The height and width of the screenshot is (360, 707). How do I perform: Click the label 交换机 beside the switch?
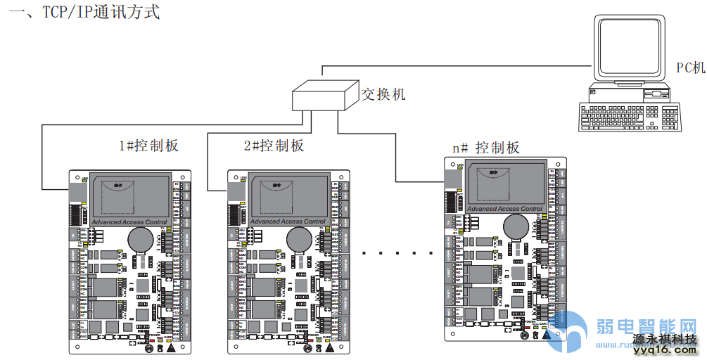point(383,94)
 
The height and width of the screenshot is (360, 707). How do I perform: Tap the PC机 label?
point(689,67)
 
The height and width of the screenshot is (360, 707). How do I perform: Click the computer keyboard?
point(629,117)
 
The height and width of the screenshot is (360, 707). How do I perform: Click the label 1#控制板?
point(148,146)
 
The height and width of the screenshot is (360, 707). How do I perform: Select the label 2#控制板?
point(274,146)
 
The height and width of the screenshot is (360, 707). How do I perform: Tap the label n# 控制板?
point(485,148)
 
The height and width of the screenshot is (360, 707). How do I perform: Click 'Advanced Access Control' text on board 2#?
point(288,222)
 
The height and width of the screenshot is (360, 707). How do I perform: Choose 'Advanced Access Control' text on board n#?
point(505,209)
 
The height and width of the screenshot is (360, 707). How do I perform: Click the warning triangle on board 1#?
point(171,347)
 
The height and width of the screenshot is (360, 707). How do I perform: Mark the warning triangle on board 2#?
point(331,347)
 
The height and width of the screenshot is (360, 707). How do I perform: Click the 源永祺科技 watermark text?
point(665,340)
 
